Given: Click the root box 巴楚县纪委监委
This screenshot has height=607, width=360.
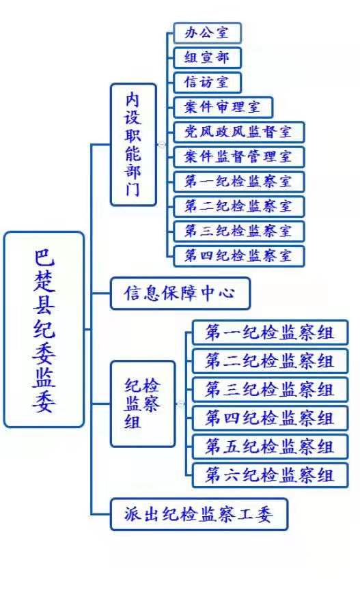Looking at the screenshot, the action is pyautogui.click(x=44, y=329).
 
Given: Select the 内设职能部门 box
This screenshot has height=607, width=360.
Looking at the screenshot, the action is pyautogui.click(x=134, y=145).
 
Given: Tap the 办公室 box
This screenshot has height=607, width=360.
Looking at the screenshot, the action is pyautogui.click(x=208, y=33).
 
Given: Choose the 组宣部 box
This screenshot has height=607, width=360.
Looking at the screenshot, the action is pyautogui.click(x=208, y=57).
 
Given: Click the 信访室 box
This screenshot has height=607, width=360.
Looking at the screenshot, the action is pyautogui.click(x=208, y=83).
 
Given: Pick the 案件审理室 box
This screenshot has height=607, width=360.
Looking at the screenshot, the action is pyautogui.click(x=223, y=107).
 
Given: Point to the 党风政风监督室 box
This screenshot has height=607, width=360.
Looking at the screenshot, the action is pyautogui.click(x=239, y=132).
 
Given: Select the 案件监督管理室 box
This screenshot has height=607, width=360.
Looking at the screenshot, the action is pyautogui.click(x=239, y=157).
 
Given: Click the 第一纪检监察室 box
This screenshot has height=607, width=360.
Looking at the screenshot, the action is pyautogui.click(x=239, y=182).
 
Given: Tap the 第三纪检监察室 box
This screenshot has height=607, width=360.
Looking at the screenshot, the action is pyautogui.click(x=239, y=231).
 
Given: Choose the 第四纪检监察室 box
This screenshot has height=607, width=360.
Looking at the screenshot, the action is pyautogui.click(x=239, y=256).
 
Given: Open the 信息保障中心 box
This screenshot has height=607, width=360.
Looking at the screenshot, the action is pyautogui.click(x=180, y=294).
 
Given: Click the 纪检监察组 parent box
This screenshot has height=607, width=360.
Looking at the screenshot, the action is pyautogui.click(x=143, y=404).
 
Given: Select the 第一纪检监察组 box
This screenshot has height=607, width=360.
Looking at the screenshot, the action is pyautogui.click(x=271, y=333).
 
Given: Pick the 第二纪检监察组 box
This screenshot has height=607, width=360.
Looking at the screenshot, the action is pyautogui.click(x=271, y=361).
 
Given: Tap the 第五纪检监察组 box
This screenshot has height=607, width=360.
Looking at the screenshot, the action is pyautogui.click(x=271, y=447).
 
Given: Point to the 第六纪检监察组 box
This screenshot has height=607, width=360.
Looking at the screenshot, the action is pyautogui.click(x=271, y=475).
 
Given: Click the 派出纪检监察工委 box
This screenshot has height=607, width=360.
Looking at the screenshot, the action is pyautogui.click(x=199, y=514).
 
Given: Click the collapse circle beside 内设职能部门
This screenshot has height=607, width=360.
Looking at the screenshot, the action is pyautogui.click(x=162, y=145).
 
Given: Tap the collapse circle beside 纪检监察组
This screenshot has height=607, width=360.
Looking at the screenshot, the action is pyautogui.click(x=181, y=404).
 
